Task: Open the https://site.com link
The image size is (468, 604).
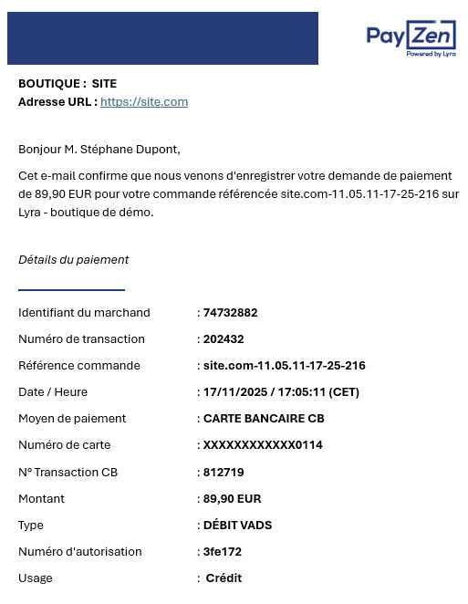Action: point(144,102)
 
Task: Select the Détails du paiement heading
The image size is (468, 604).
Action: point(73,260)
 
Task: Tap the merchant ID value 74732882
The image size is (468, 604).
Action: point(230,313)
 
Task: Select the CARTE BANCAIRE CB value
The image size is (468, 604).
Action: point(264,419)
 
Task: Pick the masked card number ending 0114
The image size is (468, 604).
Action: point(263,445)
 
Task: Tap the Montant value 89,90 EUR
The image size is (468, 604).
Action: point(232,499)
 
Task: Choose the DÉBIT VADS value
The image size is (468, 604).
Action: point(237,526)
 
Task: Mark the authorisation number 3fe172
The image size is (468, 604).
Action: point(223,552)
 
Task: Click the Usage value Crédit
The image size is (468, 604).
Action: point(224,578)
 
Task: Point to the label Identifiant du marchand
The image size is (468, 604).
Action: point(84,313)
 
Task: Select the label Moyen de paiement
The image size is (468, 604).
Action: point(72,419)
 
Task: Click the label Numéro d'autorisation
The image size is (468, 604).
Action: point(80,552)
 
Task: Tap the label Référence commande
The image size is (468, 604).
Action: point(79,366)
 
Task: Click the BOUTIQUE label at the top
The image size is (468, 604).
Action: point(52,84)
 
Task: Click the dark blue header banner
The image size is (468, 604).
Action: point(162,38)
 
